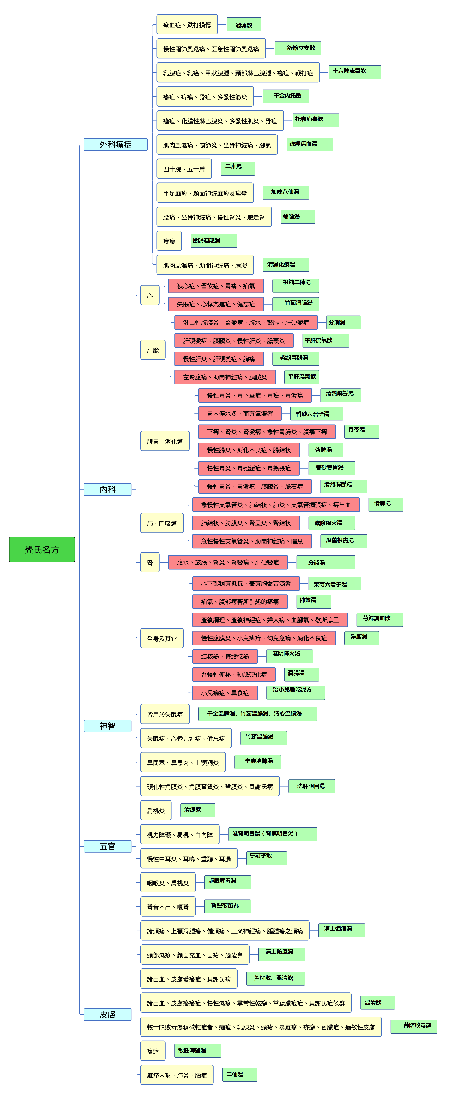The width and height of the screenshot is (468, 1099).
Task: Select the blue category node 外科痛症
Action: coord(116,145)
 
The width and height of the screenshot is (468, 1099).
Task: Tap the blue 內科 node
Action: coord(107,489)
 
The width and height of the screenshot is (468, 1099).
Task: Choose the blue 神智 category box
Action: coord(107,726)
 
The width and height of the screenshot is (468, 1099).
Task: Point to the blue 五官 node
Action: coord(107,846)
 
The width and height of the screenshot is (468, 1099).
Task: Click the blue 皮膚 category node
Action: coord(107,1015)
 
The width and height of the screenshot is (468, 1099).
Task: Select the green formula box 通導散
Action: coord(244,25)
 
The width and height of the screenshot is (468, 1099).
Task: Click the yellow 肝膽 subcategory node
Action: coord(153,350)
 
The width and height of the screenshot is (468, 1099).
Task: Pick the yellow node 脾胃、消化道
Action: coord(165,441)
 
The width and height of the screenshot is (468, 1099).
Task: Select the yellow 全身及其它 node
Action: coord(162,638)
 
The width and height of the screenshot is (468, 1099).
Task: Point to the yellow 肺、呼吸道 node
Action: coord(162,523)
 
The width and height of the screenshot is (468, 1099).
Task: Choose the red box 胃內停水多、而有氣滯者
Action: coord(240,413)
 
